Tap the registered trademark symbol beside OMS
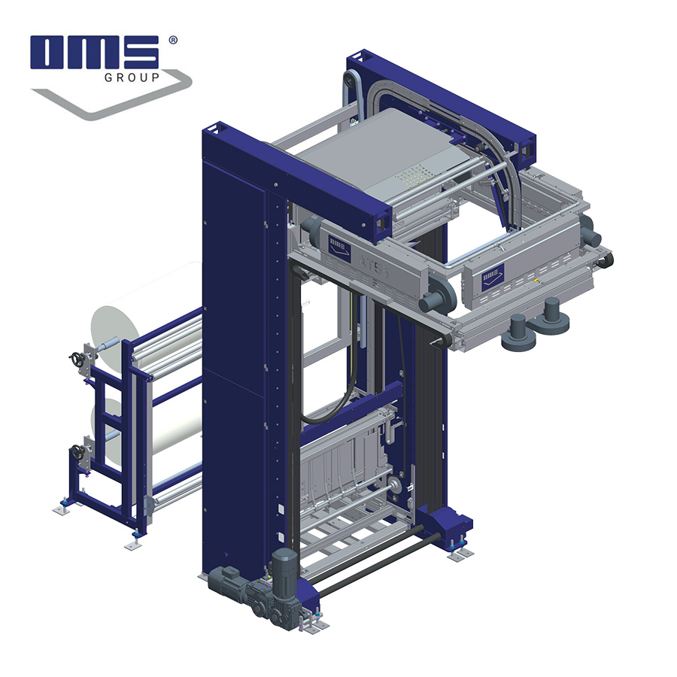coord(173,40)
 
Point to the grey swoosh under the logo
coord(113,102)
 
